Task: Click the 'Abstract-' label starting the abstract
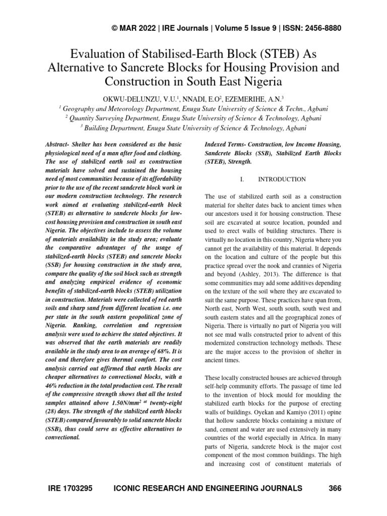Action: coord(59,145)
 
